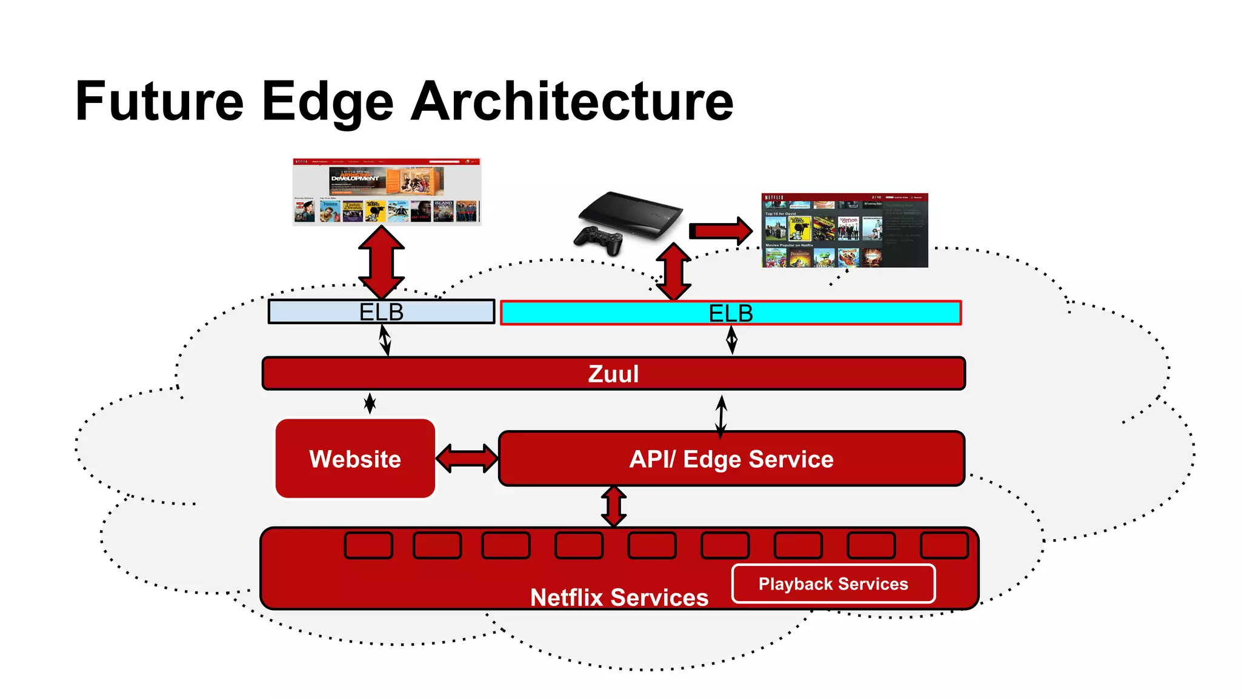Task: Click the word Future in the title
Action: [x=159, y=101]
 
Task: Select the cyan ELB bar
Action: [x=848, y=313]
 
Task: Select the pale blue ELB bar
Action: [x=303, y=312]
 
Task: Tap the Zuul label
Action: [x=613, y=374]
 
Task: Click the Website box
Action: [x=355, y=459]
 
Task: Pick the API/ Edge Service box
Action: [x=731, y=459]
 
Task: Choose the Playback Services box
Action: [x=833, y=583]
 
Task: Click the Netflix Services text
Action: [x=619, y=597]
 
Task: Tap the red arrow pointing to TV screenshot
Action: [x=720, y=231]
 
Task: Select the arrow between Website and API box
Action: [x=467, y=459]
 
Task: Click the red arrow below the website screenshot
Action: [x=381, y=262]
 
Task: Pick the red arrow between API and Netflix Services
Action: [x=614, y=506]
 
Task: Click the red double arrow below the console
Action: [x=673, y=271]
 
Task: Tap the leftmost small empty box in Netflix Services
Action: [x=368, y=545]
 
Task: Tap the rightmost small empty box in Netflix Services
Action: [x=943, y=545]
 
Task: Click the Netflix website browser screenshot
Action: [x=387, y=191]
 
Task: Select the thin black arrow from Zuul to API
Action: [x=721, y=416]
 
